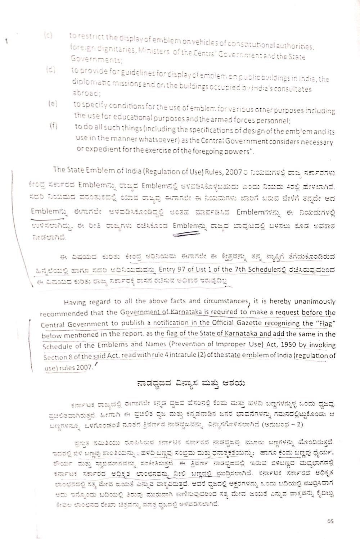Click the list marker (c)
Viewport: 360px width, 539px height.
coord(48,35)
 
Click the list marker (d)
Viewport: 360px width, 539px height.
coord(50,70)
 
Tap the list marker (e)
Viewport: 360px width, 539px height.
coord(53,104)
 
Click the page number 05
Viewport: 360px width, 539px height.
coord(331,521)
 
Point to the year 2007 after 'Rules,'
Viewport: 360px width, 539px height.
coord(233,172)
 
